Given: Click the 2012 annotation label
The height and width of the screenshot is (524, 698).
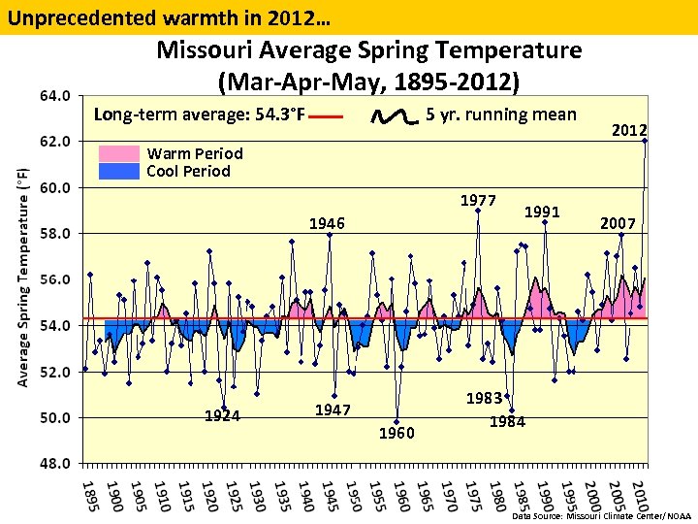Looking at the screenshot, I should (x=629, y=131).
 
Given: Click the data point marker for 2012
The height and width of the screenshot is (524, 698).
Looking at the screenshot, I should (x=645, y=141).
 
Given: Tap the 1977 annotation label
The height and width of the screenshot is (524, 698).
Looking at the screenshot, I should (x=478, y=201).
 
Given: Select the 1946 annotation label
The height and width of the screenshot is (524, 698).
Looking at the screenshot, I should (x=327, y=224).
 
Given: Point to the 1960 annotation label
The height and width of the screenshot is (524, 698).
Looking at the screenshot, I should (x=396, y=433).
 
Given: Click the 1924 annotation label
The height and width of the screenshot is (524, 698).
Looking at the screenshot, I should (x=222, y=417).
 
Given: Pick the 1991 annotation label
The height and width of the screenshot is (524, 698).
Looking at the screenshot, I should (x=542, y=211).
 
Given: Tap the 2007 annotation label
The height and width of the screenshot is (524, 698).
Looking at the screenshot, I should (x=618, y=224).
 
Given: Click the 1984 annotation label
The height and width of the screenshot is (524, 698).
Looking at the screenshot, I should (x=507, y=421).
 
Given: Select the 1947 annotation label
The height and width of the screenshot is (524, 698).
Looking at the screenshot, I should (x=333, y=410).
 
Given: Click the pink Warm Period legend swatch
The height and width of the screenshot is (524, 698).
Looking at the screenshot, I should (x=119, y=153).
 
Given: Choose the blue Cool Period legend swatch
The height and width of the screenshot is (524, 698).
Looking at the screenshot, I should (x=119, y=171).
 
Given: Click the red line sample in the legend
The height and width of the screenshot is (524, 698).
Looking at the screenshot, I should (x=328, y=116).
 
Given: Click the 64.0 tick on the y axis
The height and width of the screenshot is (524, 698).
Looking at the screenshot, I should (x=54, y=95).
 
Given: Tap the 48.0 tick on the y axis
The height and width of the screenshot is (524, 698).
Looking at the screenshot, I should (x=54, y=464).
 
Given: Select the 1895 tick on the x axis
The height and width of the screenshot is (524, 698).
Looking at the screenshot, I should (x=88, y=492).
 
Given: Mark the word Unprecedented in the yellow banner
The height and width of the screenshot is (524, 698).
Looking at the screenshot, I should (x=68, y=16).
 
